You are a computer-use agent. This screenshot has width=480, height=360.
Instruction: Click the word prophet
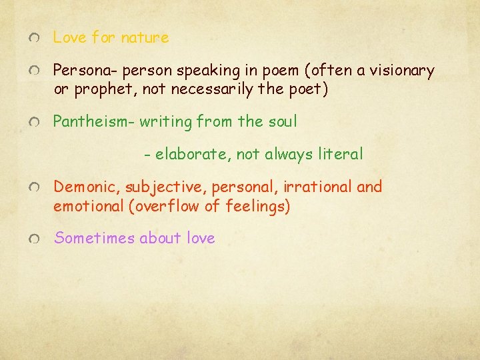coord(97,89)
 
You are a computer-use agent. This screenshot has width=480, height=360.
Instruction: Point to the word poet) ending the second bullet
coord(309,89)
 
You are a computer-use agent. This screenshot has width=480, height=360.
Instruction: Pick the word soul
coord(282,121)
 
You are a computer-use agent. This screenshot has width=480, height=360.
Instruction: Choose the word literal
coord(338,155)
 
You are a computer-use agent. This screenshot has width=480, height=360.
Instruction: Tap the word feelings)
coord(259,206)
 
